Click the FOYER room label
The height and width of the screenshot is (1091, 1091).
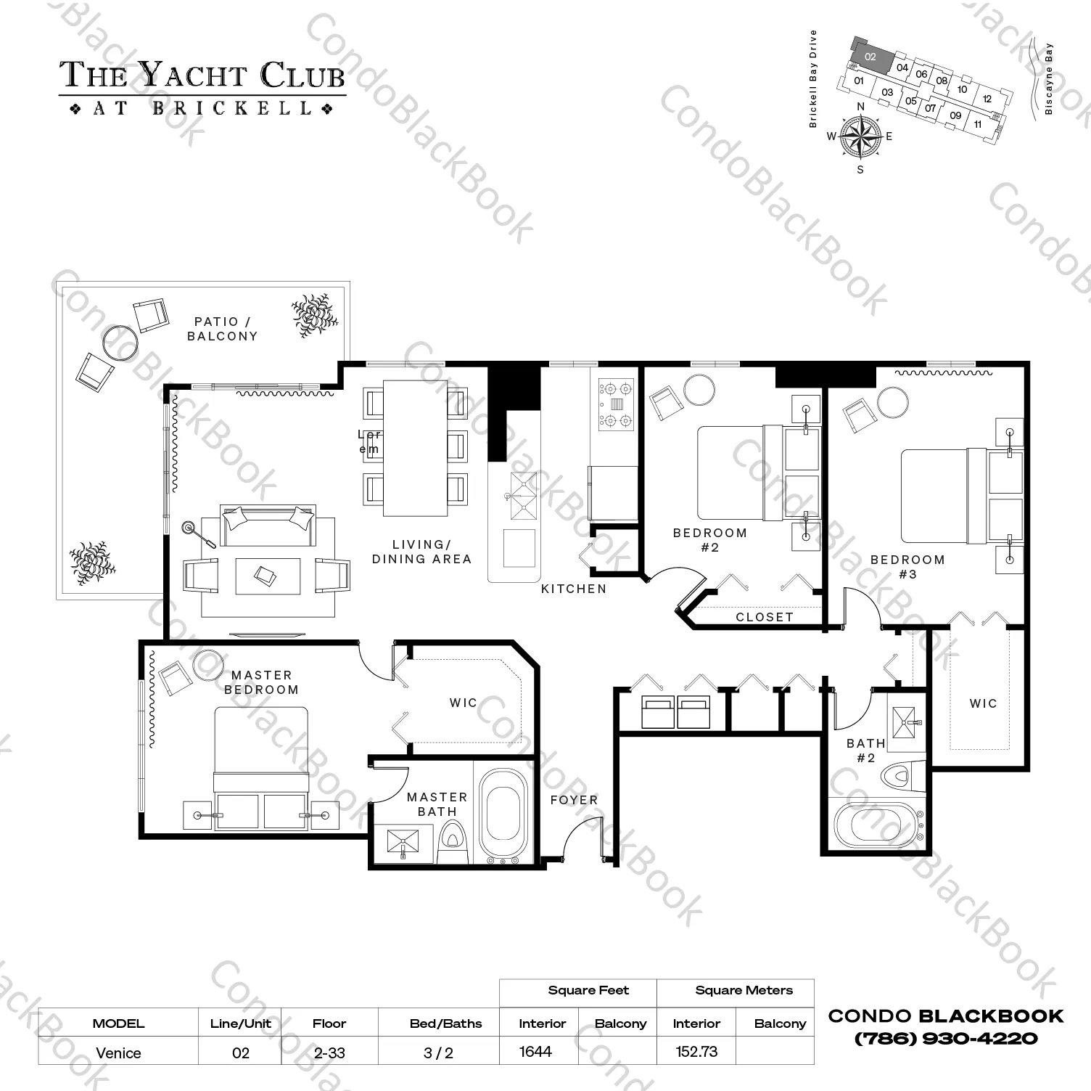pyautogui.click(x=574, y=800)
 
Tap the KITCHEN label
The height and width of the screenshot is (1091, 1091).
pyautogui.click(x=574, y=589)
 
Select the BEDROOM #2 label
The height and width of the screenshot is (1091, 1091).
pyautogui.click(x=709, y=540)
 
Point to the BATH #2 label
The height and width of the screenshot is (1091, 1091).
pyautogui.click(x=866, y=751)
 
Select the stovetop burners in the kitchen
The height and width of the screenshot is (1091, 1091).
pyautogui.click(x=616, y=405)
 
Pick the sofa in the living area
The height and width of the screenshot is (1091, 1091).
pyautogui.click(x=268, y=526)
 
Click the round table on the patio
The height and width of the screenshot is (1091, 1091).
pyautogui.click(x=120, y=342)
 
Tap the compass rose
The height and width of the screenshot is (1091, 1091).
pyautogui.click(x=860, y=136)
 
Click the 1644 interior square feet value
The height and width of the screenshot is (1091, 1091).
pyautogui.click(x=535, y=1052)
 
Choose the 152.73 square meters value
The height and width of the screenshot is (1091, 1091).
pyautogui.click(x=696, y=1052)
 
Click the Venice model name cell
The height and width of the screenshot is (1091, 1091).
pyautogui.click(x=118, y=1053)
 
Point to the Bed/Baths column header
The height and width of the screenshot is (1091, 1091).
pyautogui.click(x=445, y=1023)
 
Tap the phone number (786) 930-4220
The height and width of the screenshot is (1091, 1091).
pyautogui.click(x=946, y=1038)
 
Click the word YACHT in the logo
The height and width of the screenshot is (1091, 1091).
pyautogui.click(x=192, y=75)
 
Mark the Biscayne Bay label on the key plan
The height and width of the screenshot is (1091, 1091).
pyautogui.click(x=1048, y=80)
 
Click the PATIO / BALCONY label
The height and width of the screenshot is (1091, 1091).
pyautogui.click(x=222, y=329)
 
